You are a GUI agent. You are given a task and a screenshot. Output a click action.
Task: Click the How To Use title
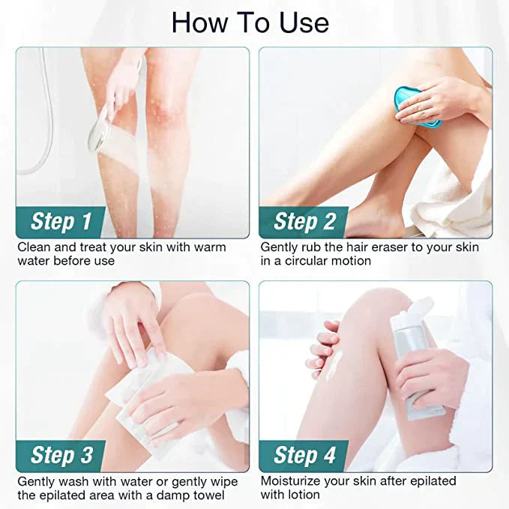click(x=250, y=22)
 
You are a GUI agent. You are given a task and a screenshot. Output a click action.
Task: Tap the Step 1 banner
click(x=61, y=221)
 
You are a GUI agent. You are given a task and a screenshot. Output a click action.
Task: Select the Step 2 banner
click(x=304, y=221)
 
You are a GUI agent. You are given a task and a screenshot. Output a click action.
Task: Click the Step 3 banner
click(x=61, y=455)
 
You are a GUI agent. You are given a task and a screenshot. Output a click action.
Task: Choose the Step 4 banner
click(x=304, y=455)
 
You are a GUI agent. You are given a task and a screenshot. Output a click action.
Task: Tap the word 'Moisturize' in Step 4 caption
click(x=293, y=481)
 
